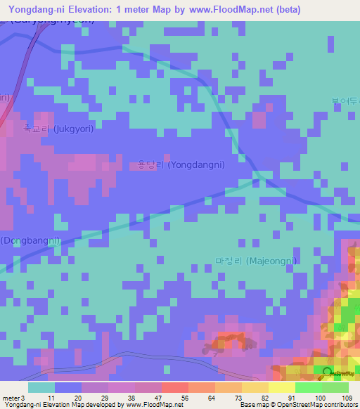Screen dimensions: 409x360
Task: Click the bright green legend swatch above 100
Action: point(308,387)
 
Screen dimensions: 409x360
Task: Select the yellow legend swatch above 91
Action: point(281,387)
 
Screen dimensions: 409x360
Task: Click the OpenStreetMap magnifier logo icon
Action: point(326,374)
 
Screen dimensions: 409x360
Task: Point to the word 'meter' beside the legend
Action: point(11,398)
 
